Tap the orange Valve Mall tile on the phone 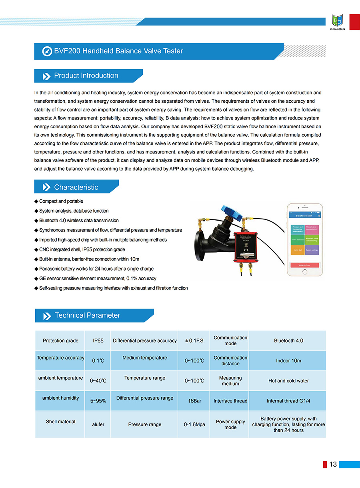[298, 250]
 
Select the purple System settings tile [312, 250]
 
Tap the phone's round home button [305, 272]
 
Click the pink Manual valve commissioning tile [312, 229]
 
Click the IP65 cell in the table [98, 341]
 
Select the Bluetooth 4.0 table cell [288, 341]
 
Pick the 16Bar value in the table [194, 401]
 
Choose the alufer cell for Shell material [98, 424]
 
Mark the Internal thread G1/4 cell [288, 401]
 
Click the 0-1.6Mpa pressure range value [194, 424]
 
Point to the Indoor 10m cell [288, 361]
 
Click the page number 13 [333, 464]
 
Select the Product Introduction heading [86, 76]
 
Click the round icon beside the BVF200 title [47, 51]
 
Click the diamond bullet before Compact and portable [36, 201]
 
